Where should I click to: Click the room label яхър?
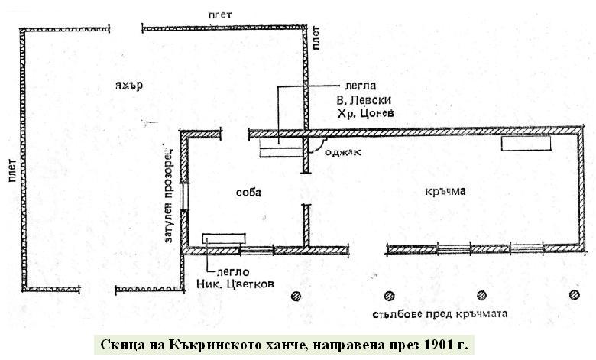[x=129, y=85]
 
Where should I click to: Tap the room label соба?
[x=248, y=192]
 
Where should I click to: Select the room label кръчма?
[x=445, y=190]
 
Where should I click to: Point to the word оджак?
[x=343, y=152]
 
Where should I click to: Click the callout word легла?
[x=361, y=86]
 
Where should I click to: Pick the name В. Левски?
[x=364, y=100]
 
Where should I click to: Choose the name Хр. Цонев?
[x=365, y=113]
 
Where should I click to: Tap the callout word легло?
[x=233, y=272]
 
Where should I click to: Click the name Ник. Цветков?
[x=235, y=284]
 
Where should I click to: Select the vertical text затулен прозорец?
[x=169, y=193]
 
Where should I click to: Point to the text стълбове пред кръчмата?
[x=440, y=314]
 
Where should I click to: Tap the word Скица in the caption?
[x=117, y=345]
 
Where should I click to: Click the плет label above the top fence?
[x=221, y=15]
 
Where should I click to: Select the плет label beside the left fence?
[x=12, y=170]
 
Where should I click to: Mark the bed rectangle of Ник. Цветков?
[x=223, y=238]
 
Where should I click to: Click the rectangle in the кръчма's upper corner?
[x=526, y=143]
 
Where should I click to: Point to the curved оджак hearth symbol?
[x=319, y=146]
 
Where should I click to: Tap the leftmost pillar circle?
[x=296, y=296]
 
